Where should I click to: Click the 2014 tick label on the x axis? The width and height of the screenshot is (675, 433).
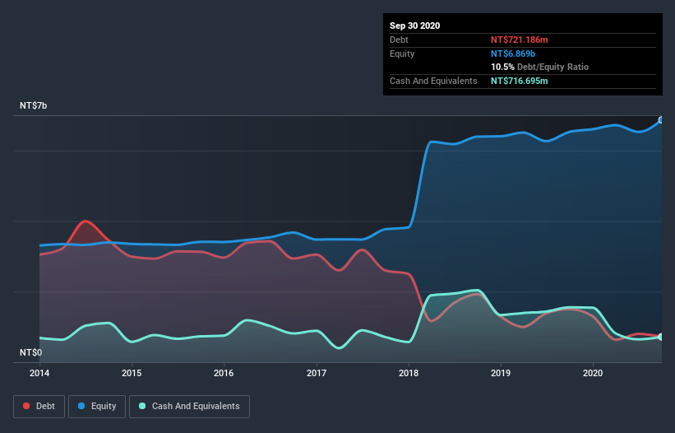39,373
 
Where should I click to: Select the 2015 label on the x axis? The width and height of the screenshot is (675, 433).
132,373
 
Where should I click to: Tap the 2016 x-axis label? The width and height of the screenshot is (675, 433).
224,373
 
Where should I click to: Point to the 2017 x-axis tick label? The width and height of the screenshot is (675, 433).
317,373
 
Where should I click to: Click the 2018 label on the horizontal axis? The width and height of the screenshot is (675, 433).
409,373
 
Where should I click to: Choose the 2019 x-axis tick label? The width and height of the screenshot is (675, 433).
501,373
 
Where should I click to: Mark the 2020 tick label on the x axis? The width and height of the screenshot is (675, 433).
593,373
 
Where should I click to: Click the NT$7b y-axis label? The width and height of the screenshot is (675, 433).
35,106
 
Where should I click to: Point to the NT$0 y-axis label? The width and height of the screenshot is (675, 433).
32,352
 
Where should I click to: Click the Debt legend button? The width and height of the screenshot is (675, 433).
38,406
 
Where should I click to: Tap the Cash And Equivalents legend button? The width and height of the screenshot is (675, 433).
189,406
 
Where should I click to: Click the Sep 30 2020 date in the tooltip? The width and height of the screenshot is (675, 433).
414,26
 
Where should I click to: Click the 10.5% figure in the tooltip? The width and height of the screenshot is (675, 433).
502,67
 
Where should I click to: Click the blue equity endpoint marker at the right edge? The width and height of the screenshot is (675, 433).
660,120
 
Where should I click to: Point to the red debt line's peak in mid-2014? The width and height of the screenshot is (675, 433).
86,221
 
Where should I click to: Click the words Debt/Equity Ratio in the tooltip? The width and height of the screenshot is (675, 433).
552,67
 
